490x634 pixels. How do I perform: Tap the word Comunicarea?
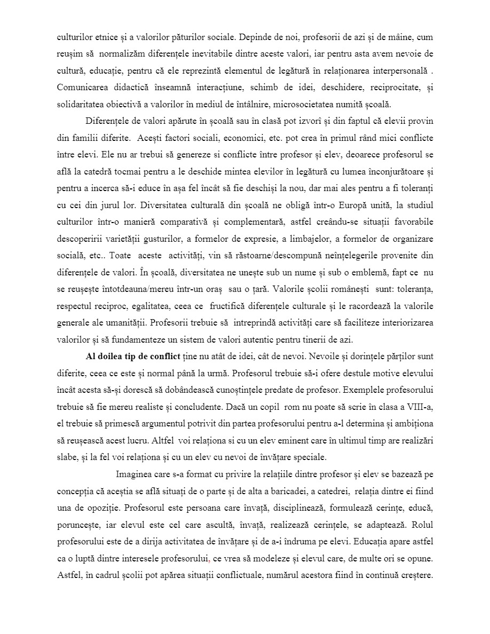81,87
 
